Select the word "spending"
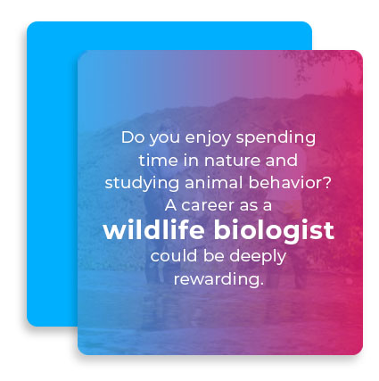tap(276, 139)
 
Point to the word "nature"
tap(232, 161)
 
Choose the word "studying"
tap(142, 184)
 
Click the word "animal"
tap(214, 183)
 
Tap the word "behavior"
tap(284, 183)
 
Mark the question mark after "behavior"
tap(326, 183)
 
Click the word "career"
tap(208, 206)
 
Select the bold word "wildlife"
tap(153, 229)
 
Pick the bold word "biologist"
tap(274, 231)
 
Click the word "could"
tap(174, 256)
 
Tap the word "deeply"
tap(258, 257)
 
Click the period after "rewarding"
tap(261, 284)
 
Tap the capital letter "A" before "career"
tap(170, 205)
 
